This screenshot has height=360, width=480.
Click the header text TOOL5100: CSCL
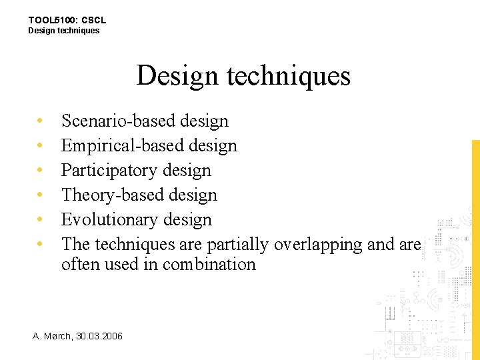pos(67,20)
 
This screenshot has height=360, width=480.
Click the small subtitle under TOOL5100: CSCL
pos(63,31)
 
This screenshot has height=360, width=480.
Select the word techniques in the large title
pos(289,75)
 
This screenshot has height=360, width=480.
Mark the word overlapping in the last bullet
pos(318,245)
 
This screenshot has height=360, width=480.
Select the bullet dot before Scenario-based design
pos(41,121)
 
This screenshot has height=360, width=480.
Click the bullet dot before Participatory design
pos(41,171)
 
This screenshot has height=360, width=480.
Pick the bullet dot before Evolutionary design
pos(41,220)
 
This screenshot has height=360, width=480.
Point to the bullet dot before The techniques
pos(41,245)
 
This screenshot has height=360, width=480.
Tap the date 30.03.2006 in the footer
pos(99,336)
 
